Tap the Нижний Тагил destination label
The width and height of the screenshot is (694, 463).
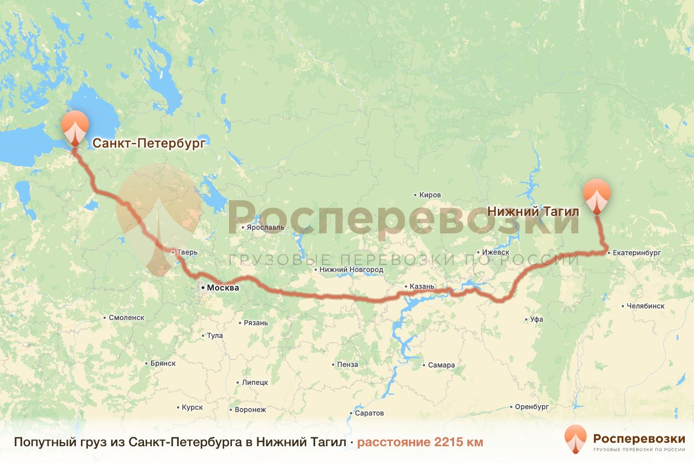(x=533, y=212)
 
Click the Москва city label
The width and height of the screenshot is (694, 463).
(x=222, y=288)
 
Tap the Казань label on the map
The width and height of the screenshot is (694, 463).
(x=421, y=286)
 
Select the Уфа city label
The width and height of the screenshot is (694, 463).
(x=536, y=319)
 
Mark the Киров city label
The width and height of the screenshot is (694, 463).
(x=431, y=195)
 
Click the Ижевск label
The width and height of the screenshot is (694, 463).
(x=496, y=252)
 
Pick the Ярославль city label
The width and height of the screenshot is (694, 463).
(x=265, y=227)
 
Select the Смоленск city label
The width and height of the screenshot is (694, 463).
(x=126, y=318)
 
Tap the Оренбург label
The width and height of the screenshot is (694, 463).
(x=531, y=407)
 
